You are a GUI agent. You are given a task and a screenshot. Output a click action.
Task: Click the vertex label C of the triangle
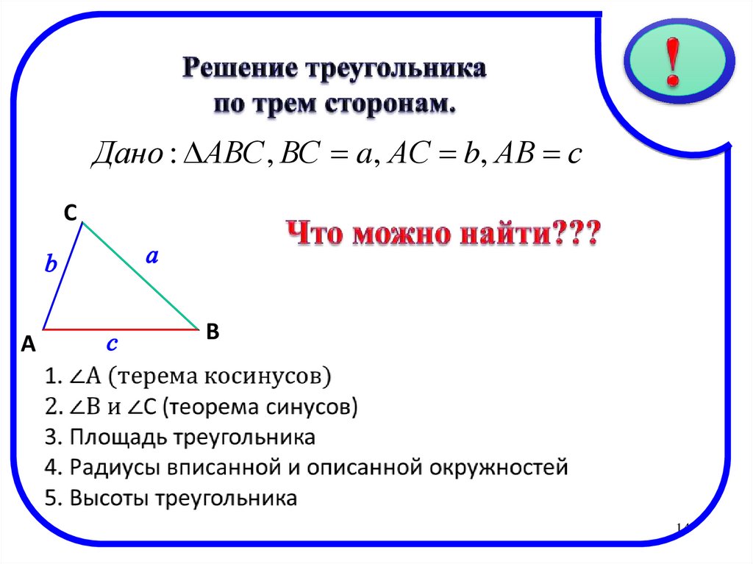click(x=70, y=213)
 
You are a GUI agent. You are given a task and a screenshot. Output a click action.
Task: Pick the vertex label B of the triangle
click(x=213, y=332)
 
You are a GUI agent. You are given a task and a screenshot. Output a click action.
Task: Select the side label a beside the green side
click(x=152, y=257)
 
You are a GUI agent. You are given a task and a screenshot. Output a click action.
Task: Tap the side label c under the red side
click(x=113, y=343)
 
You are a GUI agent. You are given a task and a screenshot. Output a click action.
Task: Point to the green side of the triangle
click(x=140, y=276)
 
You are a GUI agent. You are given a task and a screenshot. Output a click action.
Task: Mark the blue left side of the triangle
click(x=63, y=276)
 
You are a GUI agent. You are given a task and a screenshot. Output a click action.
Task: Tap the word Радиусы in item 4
click(x=115, y=467)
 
